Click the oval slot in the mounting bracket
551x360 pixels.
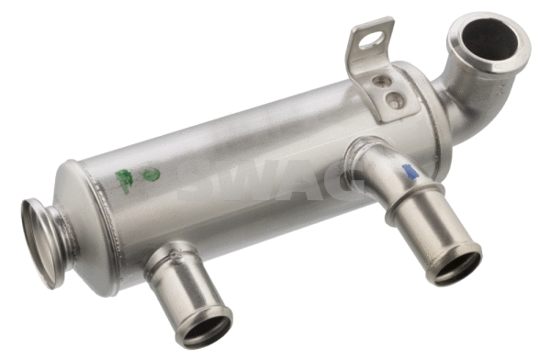(370, 39)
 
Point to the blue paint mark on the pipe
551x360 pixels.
(410, 170)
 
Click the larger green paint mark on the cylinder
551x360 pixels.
(124, 179)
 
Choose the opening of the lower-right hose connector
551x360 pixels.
(453, 265)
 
